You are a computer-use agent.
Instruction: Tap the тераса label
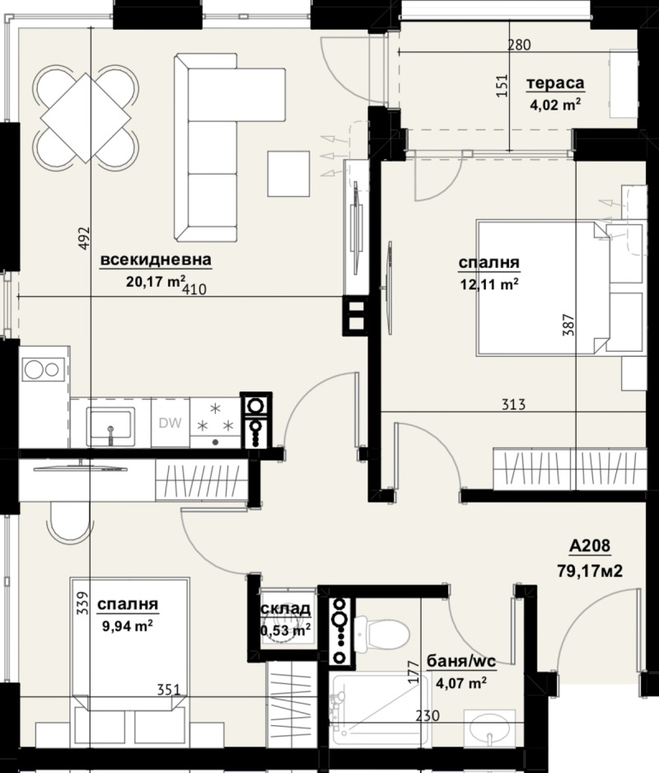555,83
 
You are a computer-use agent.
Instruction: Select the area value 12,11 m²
489,284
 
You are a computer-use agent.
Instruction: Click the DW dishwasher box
170,424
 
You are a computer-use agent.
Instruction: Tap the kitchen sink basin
110,425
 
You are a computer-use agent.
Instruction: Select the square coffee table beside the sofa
290,174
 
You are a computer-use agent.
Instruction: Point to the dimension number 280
518,45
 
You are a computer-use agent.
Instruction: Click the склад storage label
286,609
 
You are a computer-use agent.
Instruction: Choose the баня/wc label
456,661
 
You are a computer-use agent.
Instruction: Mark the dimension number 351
167,691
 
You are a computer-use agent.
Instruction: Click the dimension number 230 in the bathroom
426,717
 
